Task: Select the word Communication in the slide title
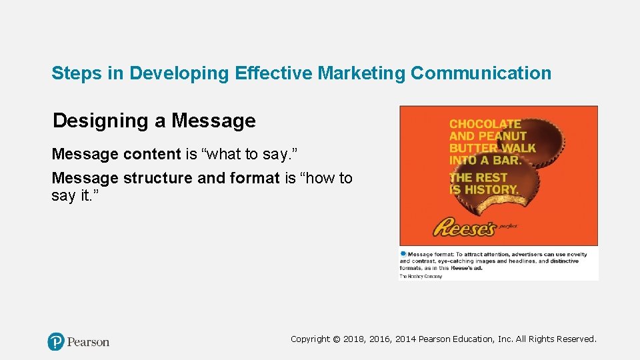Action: (481, 73)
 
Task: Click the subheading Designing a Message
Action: (154, 121)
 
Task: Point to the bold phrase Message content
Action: (116, 154)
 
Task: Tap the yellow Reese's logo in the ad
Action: (464, 228)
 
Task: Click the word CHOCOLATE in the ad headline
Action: (485, 124)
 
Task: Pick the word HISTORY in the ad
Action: (491, 190)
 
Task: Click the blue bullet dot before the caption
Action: (403, 253)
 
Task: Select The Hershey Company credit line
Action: (421, 275)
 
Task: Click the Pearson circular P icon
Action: (56, 342)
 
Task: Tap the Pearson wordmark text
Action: (88, 342)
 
